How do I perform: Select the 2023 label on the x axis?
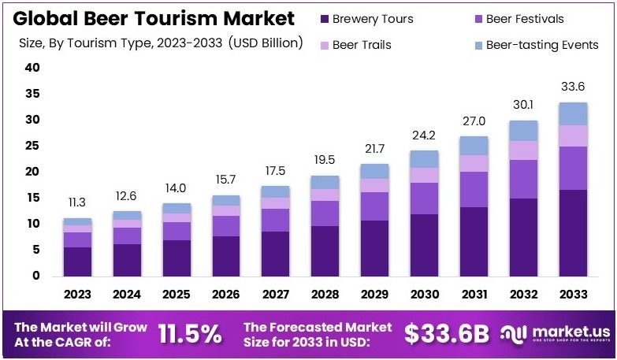tap(77, 295)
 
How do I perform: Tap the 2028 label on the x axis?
tap(325, 295)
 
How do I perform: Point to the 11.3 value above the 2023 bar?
tap(77, 203)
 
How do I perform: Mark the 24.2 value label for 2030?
tap(424, 135)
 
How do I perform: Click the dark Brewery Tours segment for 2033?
tap(573, 232)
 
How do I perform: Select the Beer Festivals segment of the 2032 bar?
tap(523, 179)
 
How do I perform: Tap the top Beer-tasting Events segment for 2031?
tap(474, 146)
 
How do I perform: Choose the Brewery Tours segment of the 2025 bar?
tap(177, 258)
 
